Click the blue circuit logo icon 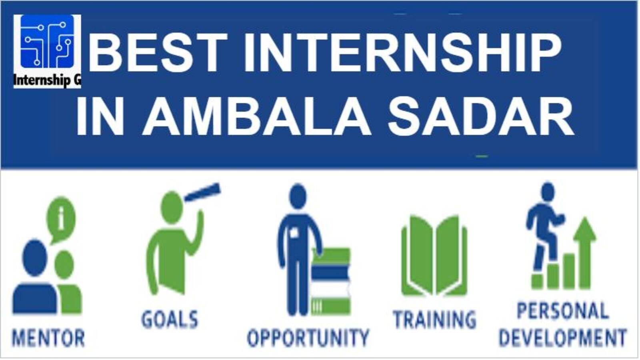[47, 42]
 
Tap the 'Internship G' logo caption [47, 80]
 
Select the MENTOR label [48, 338]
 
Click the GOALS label [170, 319]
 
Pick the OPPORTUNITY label [308, 338]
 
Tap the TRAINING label [434, 319]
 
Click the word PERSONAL [562, 310]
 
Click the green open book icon [434, 256]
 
